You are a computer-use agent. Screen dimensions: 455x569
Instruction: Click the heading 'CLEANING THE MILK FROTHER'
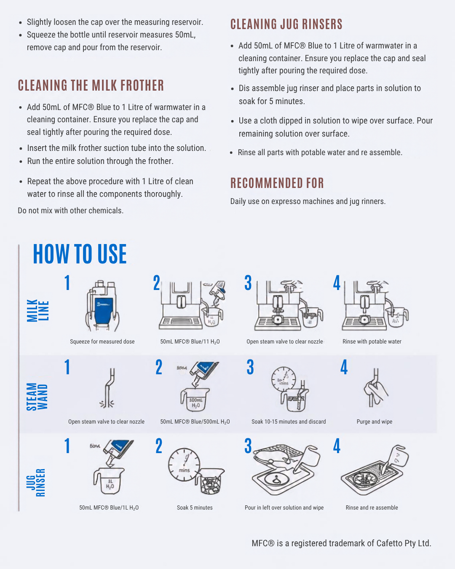coord(91,86)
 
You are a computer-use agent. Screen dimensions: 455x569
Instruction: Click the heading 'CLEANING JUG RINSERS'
coord(286,24)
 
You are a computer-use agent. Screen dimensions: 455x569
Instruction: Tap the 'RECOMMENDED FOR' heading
coord(277,183)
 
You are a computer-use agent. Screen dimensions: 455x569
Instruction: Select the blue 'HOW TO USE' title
coord(80,254)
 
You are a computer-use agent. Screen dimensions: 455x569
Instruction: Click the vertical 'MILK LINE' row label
coord(38,310)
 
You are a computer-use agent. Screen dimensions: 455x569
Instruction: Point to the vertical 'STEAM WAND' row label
coord(37,397)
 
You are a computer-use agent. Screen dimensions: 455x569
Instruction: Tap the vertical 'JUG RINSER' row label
coord(36,483)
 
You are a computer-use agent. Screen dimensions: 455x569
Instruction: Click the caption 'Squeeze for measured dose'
coord(102,342)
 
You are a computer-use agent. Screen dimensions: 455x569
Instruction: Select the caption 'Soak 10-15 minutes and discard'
coord(289,422)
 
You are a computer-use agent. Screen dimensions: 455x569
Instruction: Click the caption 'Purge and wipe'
coord(375,422)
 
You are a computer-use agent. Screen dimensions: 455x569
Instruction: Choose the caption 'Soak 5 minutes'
coord(195,507)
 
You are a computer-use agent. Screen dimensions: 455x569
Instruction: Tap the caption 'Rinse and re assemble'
coord(372,507)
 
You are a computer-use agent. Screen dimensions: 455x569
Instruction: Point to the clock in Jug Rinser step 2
coord(184,465)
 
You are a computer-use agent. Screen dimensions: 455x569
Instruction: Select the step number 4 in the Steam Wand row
coord(344,367)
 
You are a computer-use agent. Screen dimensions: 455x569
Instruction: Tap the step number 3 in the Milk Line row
coord(248,283)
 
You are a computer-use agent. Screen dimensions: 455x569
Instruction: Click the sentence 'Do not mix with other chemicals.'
coord(71,211)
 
